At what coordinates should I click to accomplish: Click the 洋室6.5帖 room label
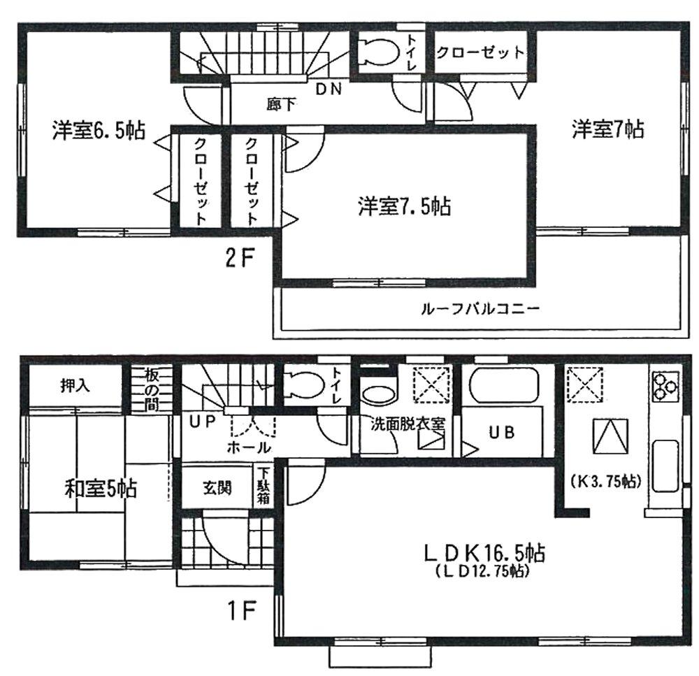click(x=98, y=131)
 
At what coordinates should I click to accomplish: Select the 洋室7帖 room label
click(x=607, y=129)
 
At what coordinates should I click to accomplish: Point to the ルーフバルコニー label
click(x=480, y=308)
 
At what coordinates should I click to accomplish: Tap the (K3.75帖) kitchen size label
click(x=607, y=482)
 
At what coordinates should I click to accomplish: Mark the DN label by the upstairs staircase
click(x=328, y=89)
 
